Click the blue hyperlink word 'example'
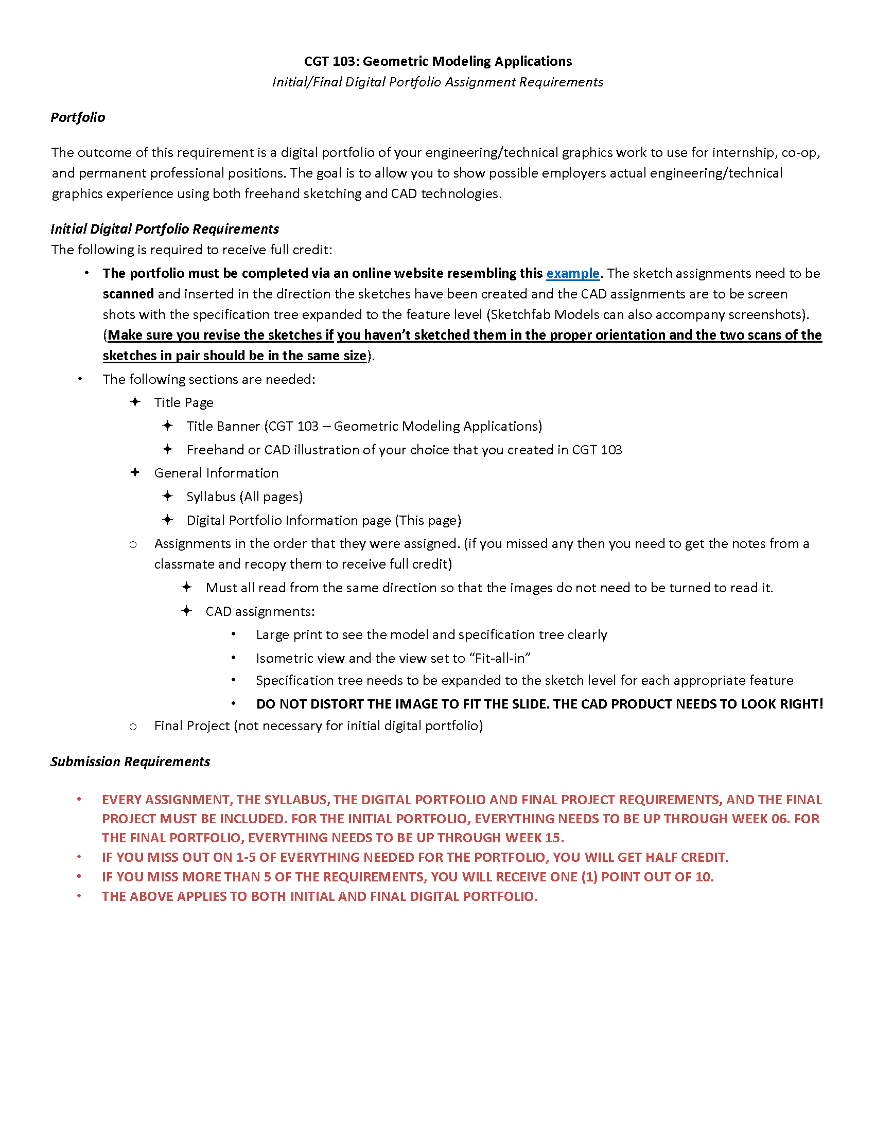tap(572, 273)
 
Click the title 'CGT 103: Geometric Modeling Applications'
tap(437, 61)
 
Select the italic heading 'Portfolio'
tap(78, 117)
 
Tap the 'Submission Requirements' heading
tap(130, 762)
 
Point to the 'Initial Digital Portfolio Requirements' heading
tap(165, 228)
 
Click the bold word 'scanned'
tap(128, 294)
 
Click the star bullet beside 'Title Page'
tap(135, 402)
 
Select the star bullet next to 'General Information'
tap(135, 472)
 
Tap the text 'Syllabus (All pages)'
tap(244, 497)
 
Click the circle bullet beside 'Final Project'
tap(133, 727)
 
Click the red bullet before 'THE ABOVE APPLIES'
tap(79, 896)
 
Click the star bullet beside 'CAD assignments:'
tap(187, 611)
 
